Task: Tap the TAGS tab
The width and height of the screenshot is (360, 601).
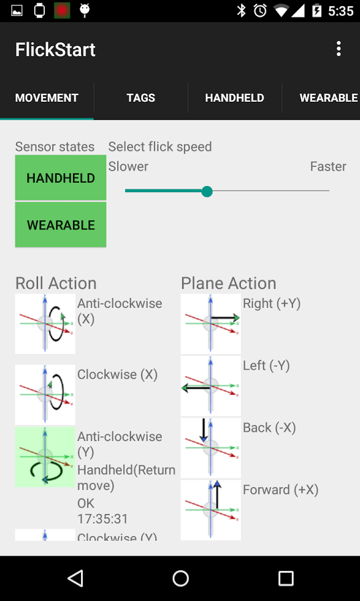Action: tap(141, 98)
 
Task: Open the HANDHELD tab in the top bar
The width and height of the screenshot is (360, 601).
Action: tap(235, 98)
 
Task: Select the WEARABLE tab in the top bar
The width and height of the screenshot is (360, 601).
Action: tap(329, 98)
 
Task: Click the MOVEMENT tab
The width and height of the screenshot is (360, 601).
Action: tap(47, 98)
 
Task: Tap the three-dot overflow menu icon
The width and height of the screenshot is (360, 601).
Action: tap(339, 49)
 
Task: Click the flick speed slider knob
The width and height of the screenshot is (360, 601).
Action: tap(207, 191)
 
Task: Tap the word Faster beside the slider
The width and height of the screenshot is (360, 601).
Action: tap(328, 167)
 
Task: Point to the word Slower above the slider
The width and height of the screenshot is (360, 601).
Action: tap(128, 167)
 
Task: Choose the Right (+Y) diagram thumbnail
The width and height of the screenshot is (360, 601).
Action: tap(211, 323)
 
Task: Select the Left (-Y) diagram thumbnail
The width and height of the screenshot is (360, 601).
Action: tap(211, 386)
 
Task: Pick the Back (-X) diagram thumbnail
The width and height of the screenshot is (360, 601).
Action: tap(211, 448)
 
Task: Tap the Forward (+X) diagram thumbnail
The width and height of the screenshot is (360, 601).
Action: tap(211, 510)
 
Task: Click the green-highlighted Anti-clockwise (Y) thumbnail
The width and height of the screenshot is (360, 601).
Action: tap(45, 457)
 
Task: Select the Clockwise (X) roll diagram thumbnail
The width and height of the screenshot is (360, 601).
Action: tap(45, 394)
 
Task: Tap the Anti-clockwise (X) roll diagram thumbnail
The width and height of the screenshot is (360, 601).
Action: tap(45, 323)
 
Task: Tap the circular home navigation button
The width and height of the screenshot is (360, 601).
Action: tap(180, 578)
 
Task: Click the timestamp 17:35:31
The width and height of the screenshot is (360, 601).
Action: tap(103, 519)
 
